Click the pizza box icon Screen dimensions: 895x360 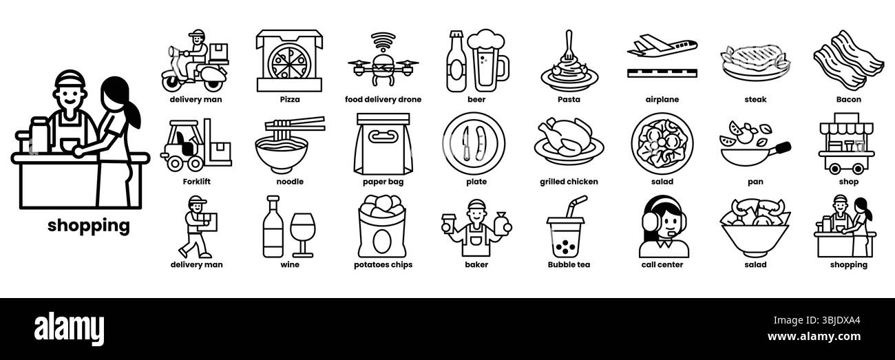pos(289,61)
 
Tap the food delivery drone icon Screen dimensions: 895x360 pos(383,60)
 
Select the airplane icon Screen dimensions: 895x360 pos(662,56)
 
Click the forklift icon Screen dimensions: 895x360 pos(196,145)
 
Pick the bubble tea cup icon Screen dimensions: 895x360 pos(566,227)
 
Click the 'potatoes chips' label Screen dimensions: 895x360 pos(383,264)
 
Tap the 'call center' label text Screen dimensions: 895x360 pos(662,264)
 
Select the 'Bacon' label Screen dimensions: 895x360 pos(849,99)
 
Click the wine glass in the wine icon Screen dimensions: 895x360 pos(302,235)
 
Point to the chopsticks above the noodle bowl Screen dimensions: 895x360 pos(295,124)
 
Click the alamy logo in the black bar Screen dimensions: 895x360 pos(69,329)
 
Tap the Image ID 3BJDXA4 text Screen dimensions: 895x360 pos(817,320)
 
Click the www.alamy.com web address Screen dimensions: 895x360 pos(814,337)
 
